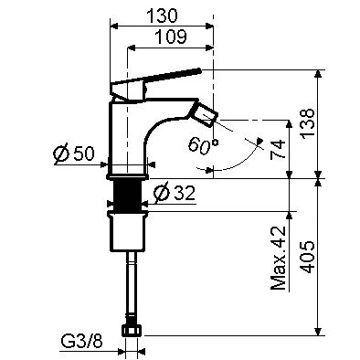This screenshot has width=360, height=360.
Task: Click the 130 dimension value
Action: (162, 16)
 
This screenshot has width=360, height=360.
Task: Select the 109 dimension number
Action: (171, 37)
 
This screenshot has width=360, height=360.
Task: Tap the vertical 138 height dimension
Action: (308, 123)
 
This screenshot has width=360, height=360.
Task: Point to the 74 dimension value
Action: (278, 149)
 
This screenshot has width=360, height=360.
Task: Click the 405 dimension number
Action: (308, 257)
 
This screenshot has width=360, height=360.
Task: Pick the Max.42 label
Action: (279, 258)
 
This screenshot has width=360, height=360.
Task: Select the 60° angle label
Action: (203, 144)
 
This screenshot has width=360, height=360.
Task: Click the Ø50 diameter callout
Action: (73, 154)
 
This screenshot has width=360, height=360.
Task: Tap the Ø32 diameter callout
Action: (175, 194)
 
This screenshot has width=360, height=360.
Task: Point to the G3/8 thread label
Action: (81, 342)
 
